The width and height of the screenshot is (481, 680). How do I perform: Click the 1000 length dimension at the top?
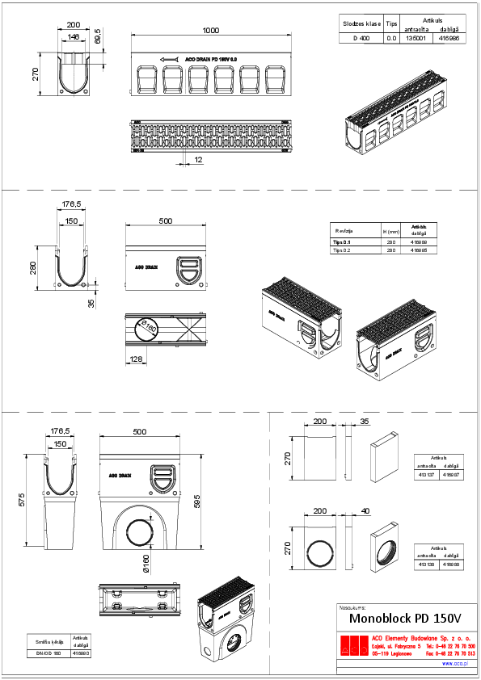click(211, 31)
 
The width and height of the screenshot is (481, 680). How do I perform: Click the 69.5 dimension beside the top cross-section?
click(98, 38)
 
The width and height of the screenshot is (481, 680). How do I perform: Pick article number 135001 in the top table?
click(416, 37)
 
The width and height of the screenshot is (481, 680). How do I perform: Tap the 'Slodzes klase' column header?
click(361, 24)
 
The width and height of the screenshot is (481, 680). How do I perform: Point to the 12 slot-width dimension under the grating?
click(198, 160)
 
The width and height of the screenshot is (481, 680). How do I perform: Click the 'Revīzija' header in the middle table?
click(344, 230)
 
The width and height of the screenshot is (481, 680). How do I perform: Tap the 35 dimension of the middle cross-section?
click(91, 304)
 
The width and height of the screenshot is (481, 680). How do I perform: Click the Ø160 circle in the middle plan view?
click(148, 328)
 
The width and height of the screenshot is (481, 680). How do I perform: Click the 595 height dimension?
click(197, 502)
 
